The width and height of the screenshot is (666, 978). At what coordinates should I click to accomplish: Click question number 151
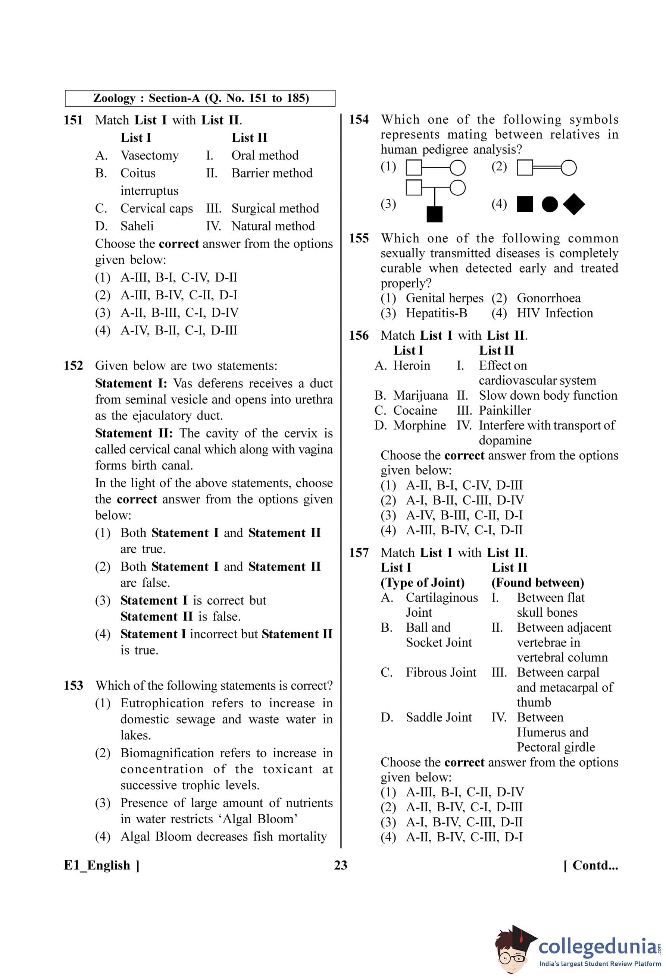pyautogui.click(x=73, y=120)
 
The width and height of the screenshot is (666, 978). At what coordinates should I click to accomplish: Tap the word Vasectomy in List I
pyautogui.click(x=150, y=156)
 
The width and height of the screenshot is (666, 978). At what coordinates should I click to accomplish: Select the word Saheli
pyautogui.click(x=137, y=226)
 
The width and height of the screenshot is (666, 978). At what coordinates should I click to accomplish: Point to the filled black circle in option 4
pyautogui.click(x=549, y=205)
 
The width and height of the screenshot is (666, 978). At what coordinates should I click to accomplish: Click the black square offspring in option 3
pyautogui.click(x=434, y=214)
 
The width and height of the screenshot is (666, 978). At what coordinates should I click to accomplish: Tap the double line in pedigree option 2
pyautogui.click(x=547, y=168)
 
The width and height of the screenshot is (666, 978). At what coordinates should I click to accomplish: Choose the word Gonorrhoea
pyautogui.click(x=548, y=298)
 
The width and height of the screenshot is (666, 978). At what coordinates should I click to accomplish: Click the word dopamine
pyautogui.click(x=505, y=441)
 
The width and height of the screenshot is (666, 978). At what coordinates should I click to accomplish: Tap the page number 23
pyautogui.click(x=341, y=866)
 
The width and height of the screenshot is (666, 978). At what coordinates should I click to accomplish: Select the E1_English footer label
pyautogui.click(x=101, y=866)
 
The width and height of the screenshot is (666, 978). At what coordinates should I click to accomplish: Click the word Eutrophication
pyautogui.click(x=162, y=703)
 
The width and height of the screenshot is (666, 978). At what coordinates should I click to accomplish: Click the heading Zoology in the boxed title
pyautogui.click(x=114, y=98)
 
